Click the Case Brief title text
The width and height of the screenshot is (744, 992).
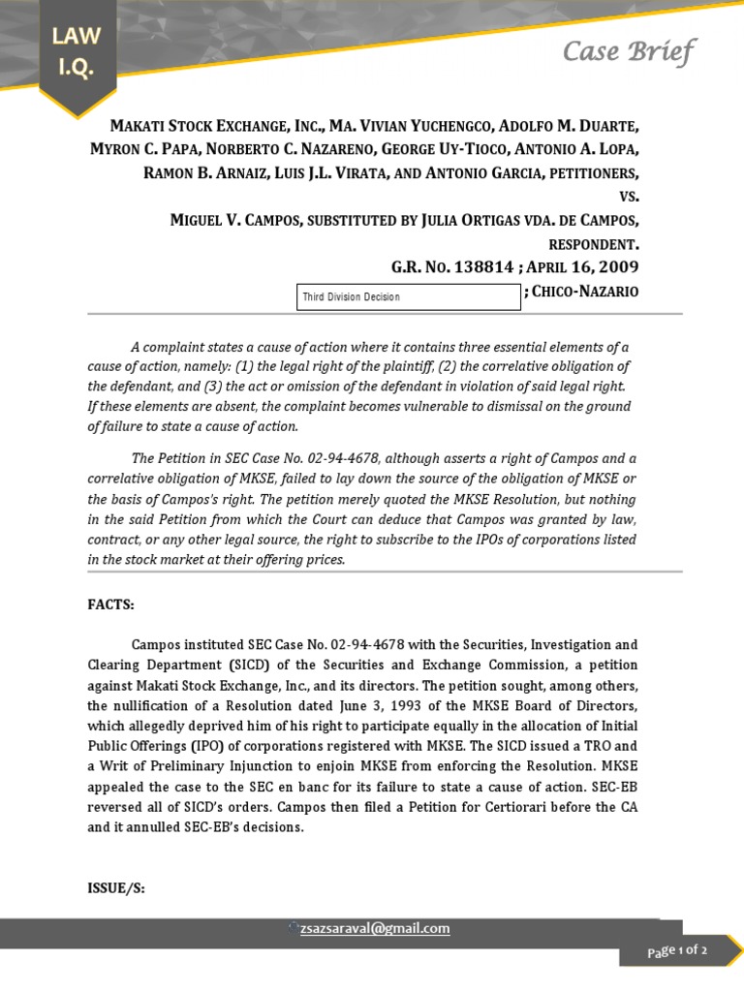point(629,51)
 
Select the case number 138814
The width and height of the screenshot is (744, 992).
point(483,266)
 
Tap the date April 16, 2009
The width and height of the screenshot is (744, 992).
point(588,266)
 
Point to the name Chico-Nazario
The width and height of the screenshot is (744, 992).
point(585,292)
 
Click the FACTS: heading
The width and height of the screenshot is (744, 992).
point(111,605)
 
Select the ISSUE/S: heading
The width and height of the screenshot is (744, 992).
point(117,887)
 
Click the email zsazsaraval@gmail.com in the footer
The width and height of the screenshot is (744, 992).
point(374,928)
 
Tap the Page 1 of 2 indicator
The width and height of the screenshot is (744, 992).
point(678,951)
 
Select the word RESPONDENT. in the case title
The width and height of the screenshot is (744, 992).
point(594,243)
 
